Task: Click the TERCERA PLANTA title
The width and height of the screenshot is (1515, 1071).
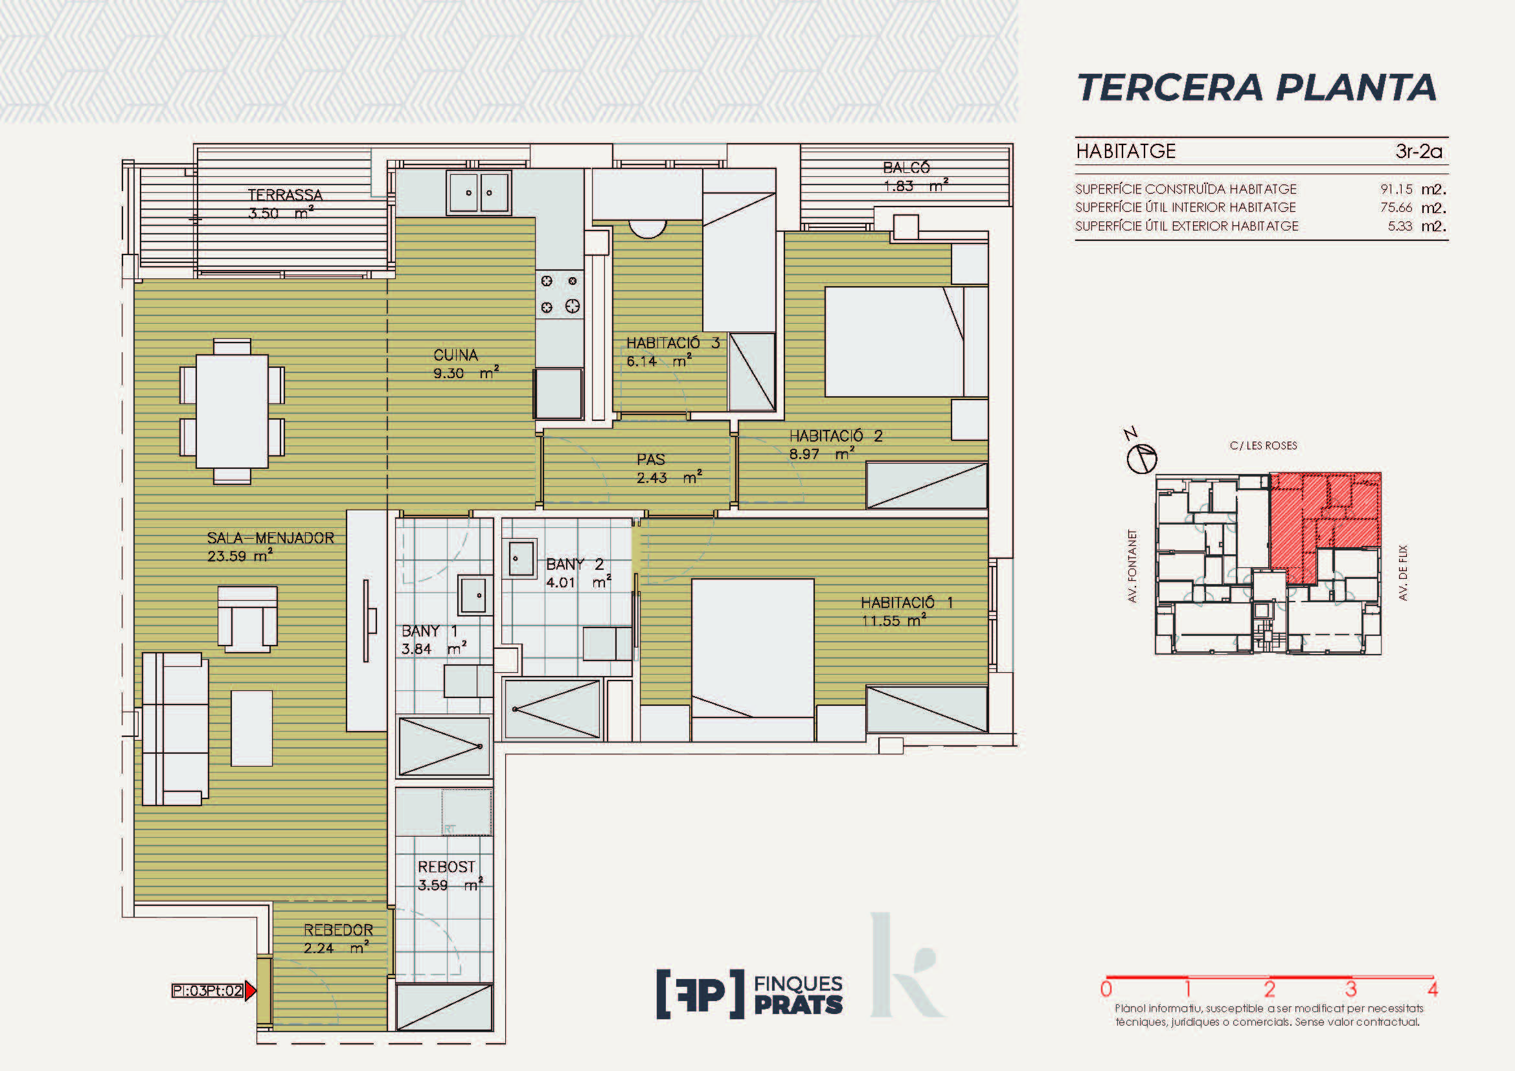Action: (1257, 87)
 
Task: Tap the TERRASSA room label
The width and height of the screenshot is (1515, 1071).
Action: (285, 195)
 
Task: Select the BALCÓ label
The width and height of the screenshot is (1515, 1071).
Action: (907, 168)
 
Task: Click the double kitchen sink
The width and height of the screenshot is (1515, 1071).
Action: (479, 192)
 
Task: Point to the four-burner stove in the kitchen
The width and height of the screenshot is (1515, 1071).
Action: (560, 293)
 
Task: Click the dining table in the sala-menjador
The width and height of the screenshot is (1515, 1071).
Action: (233, 412)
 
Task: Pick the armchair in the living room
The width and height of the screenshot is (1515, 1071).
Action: (247, 618)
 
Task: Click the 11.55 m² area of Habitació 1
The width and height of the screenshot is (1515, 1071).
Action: (894, 620)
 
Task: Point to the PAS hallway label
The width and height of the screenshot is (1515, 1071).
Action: (650, 460)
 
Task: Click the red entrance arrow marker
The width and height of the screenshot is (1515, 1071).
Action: (250, 991)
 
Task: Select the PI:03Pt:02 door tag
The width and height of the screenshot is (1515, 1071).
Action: (208, 991)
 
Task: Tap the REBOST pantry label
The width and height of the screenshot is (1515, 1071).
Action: (446, 866)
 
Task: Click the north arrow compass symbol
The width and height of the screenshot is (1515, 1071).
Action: (1141, 458)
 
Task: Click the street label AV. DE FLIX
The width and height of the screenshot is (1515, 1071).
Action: (1403, 572)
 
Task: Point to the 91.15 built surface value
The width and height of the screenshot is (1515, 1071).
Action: (1396, 189)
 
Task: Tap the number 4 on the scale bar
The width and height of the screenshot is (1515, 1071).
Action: (1432, 989)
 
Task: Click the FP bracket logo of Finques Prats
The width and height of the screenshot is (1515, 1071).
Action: (700, 994)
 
